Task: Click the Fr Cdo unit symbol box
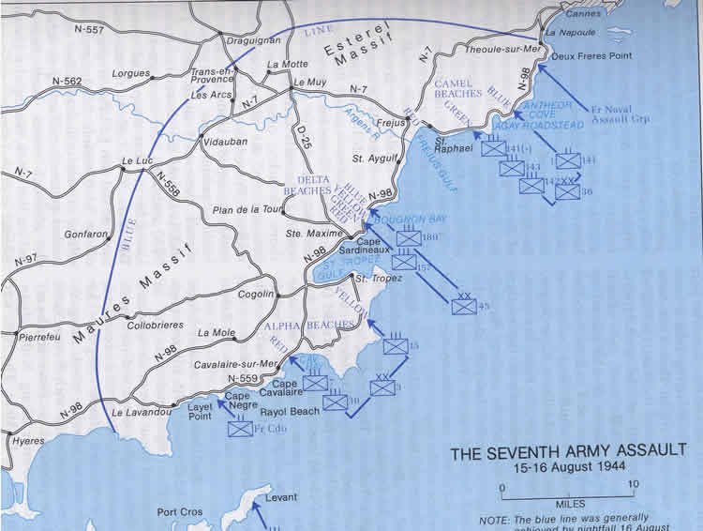[241, 429]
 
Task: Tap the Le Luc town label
[137, 160]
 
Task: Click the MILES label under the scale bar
[569, 504]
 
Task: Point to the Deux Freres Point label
[594, 55]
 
